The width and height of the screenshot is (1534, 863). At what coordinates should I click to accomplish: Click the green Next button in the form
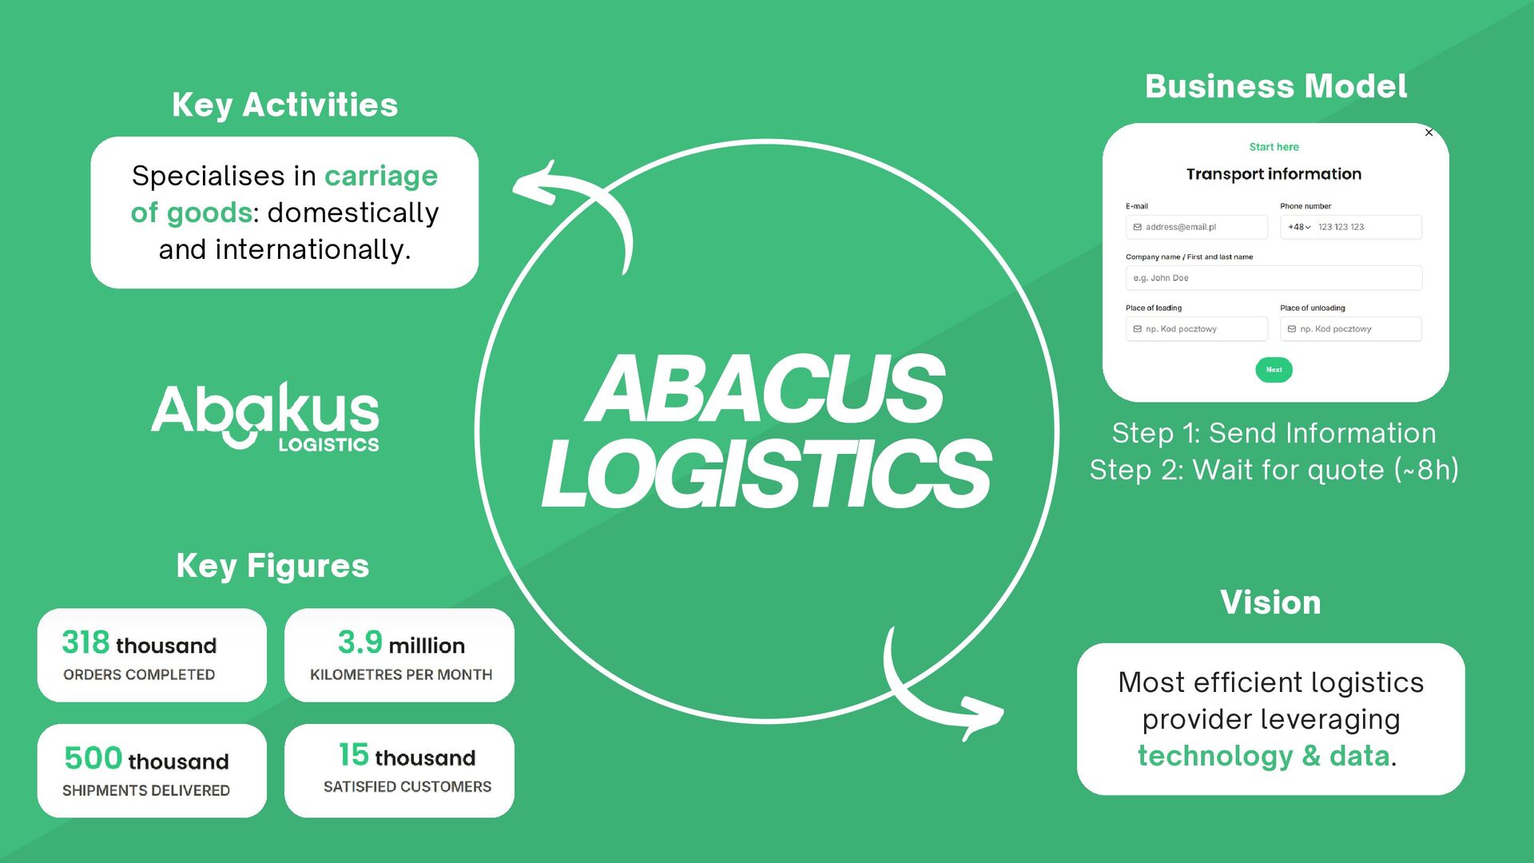[x=1274, y=370]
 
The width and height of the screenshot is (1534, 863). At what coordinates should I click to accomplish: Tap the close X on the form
[x=1429, y=133]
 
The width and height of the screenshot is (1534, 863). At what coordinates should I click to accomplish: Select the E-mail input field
[x=1196, y=227]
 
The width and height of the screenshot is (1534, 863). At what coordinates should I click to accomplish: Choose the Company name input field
[x=1274, y=278]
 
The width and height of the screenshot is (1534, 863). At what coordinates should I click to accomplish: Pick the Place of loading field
[x=1196, y=329]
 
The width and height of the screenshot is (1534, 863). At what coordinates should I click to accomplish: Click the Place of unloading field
[x=1350, y=329]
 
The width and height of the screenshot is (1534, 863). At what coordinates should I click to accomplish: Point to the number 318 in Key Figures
[x=85, y=642]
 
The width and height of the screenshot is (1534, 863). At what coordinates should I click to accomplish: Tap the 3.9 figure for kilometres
[x=360, y=642]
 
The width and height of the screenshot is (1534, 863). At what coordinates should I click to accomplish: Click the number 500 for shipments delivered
[x=93, y=758]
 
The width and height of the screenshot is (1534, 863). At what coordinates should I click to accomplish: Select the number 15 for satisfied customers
[x=353, y=755]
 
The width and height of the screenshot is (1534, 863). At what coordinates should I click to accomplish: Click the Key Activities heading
[x=284, y=105]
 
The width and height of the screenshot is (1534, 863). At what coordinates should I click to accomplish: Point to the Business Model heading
[x=1275, y=86]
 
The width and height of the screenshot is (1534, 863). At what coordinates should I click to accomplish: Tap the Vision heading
[x=1270, y=603]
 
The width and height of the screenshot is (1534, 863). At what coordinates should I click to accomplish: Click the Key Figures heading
[x=272, y=566]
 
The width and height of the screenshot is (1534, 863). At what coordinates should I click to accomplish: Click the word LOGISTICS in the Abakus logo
[x=328, y=445]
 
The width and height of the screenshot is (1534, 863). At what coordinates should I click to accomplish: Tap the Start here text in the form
[x=1274, y=147]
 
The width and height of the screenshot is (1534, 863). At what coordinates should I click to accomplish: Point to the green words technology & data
[x=1263, y=756]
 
